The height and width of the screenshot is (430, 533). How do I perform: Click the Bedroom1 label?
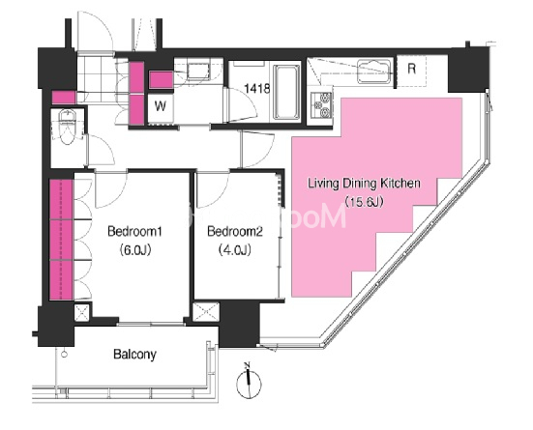pyautogui.click(x=134, y=232)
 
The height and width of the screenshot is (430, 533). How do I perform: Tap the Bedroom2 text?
pyautogui.click(x=235, y=232)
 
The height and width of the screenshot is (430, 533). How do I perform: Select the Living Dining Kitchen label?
pyautogui.click(x=364, y=184)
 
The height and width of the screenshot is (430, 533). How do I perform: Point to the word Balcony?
pyautogui.click(x=134, y=355)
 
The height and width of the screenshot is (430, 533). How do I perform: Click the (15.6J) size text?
pyautogui.click(x=364, y=202)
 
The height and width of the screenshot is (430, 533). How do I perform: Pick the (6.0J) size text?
pyautogui.click(x=134, y=250)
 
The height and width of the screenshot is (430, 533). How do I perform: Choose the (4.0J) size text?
pyautogui.click(x=235, y=250)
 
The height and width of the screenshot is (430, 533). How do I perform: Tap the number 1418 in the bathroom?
pyautogui.click(x=257, y=89)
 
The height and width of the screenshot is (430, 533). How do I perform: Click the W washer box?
pyautogui.click(x=161, y=106)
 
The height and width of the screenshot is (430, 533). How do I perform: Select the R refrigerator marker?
pyautogui.click(x=412, y=69)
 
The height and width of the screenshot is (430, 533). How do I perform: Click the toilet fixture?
pyautogui.click(x=68, y=127)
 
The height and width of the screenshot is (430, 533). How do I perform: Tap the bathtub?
pyautogui.click(x=286, y=92)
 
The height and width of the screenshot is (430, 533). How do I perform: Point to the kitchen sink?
pyautogui.click(x=374, y=72)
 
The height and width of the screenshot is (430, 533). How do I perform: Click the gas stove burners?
pyautogui.click(x=321, y=105)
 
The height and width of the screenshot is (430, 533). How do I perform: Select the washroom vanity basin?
pyautogui.click(x=198, y=71)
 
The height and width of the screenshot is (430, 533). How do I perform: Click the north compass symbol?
pyautogui.click(x=250, y=384)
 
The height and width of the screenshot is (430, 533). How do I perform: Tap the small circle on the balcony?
pyautogui.click(x=64, y=355)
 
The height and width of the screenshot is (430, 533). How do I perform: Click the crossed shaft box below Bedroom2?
pyautogui.click(x=206, y=312)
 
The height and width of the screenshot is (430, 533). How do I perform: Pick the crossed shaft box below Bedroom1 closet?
pyautogui.click(x=82, y=312)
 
